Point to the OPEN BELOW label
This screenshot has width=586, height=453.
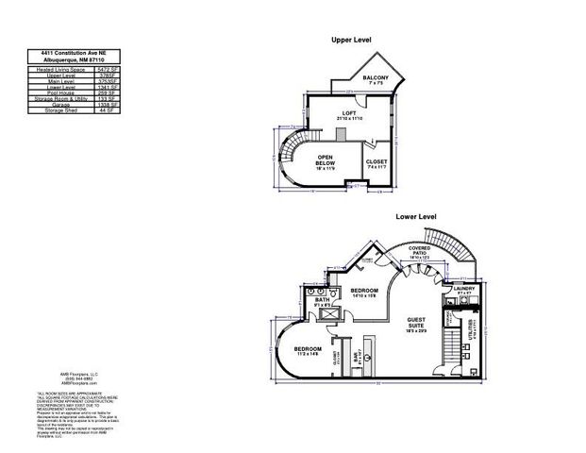click(x=326, y=160)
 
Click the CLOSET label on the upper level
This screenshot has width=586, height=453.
click(x=377, y=162)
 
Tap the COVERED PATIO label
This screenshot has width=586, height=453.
click(x=419, y=251)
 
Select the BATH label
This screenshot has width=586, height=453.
click(x=322, y=301)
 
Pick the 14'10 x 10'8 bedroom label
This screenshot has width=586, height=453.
click(x=364, y=292)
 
